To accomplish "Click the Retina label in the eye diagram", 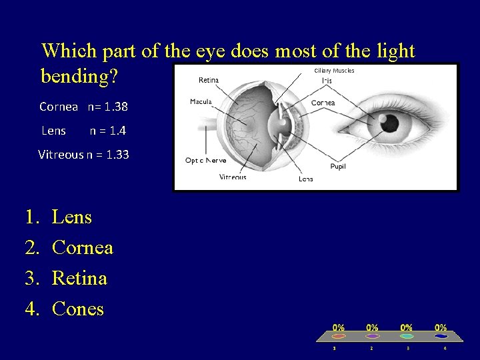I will (209, 80).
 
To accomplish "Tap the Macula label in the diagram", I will (201, 101).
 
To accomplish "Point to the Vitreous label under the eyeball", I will (233, 177).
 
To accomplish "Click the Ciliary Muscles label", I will (334, 71).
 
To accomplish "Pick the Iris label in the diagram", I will (327, 81).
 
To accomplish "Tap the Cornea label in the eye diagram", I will (323, 103).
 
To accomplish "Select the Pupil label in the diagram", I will (338, 166).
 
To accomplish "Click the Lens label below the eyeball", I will (306, 179).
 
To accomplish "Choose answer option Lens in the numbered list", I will (72, 217).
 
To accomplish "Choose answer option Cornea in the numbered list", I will (83, 248).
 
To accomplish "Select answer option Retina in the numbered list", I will (79, 278).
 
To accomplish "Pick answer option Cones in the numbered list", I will (78, 309).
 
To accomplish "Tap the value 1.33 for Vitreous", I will (117, 155).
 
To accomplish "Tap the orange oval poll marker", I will (339, 336).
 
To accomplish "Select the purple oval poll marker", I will (372, 336).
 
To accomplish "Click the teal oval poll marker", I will (406, 336).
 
